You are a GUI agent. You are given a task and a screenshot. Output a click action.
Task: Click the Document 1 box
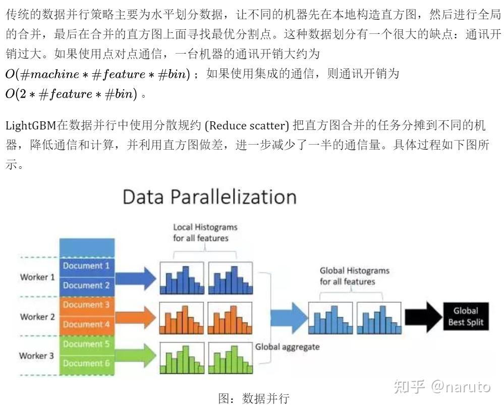pos(86,266)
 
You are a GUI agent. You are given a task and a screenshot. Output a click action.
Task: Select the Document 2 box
pos(86,285)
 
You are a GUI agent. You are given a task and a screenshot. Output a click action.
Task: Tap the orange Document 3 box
pos(86,305)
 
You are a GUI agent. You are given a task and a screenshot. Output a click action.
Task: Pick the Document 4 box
pos(86,324)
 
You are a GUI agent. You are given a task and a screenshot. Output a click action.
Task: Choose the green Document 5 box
pos(86,344)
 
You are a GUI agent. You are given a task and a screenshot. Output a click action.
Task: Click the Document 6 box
pos(86,364)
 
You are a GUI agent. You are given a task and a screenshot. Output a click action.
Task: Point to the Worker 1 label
pos(37,277)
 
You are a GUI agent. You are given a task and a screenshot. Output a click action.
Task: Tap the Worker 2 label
pos(37,316)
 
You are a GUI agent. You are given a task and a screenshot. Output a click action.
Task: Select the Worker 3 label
pos(37,355)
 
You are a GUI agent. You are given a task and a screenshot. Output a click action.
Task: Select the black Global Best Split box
pos(465,316)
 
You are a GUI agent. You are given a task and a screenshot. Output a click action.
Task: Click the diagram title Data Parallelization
pos(209,197)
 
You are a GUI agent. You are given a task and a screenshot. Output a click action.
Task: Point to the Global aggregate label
pos(287,347)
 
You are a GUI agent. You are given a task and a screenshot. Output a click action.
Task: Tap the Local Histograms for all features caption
pos(205,233)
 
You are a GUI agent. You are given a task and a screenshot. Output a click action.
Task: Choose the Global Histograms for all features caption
pos(354,276)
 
